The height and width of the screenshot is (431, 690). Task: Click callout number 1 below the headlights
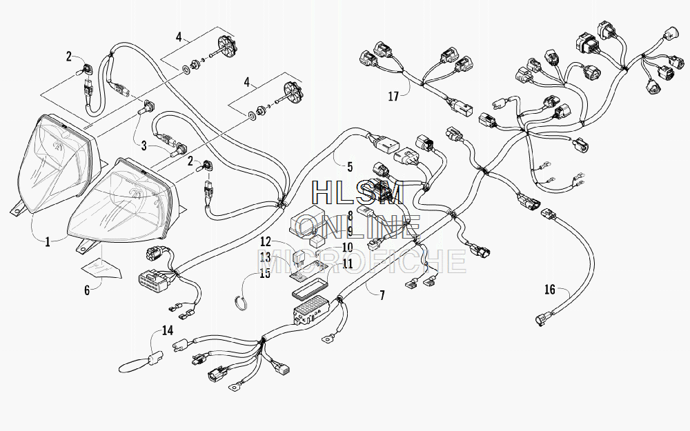(48, 241)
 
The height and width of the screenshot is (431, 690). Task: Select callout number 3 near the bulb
(144, 146)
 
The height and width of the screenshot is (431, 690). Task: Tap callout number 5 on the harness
(350, 167)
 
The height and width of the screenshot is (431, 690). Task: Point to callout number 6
(87, 290)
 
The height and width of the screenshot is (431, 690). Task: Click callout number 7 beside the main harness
(382, 294)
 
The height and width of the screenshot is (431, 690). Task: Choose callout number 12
(266, 241)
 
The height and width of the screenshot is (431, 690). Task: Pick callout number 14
(167, 330)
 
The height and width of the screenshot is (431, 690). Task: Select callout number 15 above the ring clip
(265, 274)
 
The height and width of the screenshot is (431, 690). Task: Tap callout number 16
(550, 290)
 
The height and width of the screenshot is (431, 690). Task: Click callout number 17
(393, 96)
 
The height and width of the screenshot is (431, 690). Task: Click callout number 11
(348, 264)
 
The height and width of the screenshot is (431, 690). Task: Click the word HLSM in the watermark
(357, 191)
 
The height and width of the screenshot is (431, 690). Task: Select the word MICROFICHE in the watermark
(361, 261)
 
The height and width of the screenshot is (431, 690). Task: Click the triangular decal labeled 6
(101, 268)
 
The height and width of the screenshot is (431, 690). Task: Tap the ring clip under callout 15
(240, 302)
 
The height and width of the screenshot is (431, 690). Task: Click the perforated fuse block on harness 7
(311, 312)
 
